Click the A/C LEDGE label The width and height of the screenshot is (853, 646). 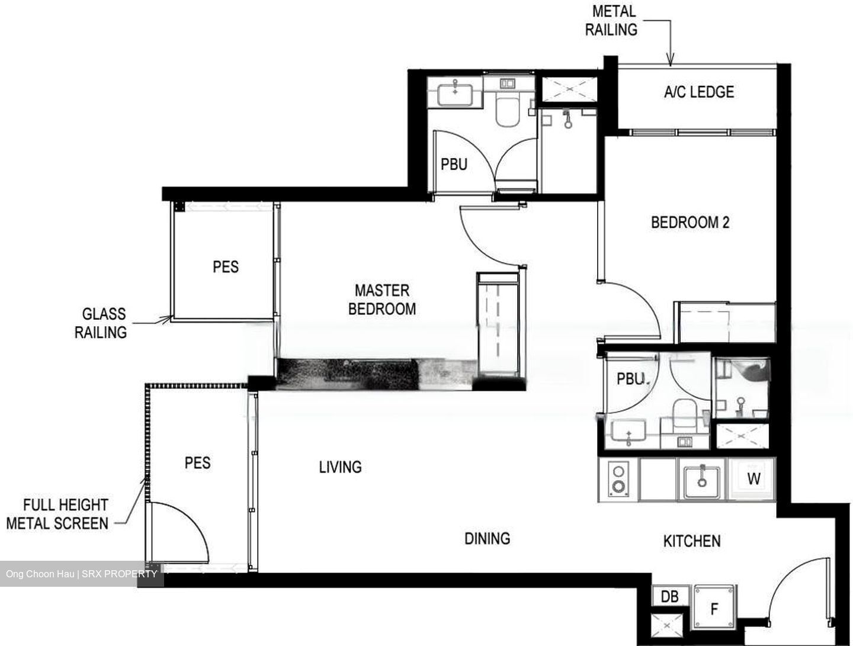698,92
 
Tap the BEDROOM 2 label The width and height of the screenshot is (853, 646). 690,223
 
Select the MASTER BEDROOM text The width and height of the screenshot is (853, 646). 381,299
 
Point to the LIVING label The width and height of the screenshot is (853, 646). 340,467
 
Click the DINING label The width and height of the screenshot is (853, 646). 487,538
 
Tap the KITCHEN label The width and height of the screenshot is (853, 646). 691,541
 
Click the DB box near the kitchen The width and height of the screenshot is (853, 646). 669,596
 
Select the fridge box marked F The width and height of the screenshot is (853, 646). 714,608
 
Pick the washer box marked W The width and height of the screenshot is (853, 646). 753,478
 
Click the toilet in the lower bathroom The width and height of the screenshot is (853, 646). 684,412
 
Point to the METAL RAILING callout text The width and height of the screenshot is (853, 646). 611,20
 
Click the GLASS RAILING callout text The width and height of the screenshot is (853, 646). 101,323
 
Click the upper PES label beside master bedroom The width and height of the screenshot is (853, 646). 226,266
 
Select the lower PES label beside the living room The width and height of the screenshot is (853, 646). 197,462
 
